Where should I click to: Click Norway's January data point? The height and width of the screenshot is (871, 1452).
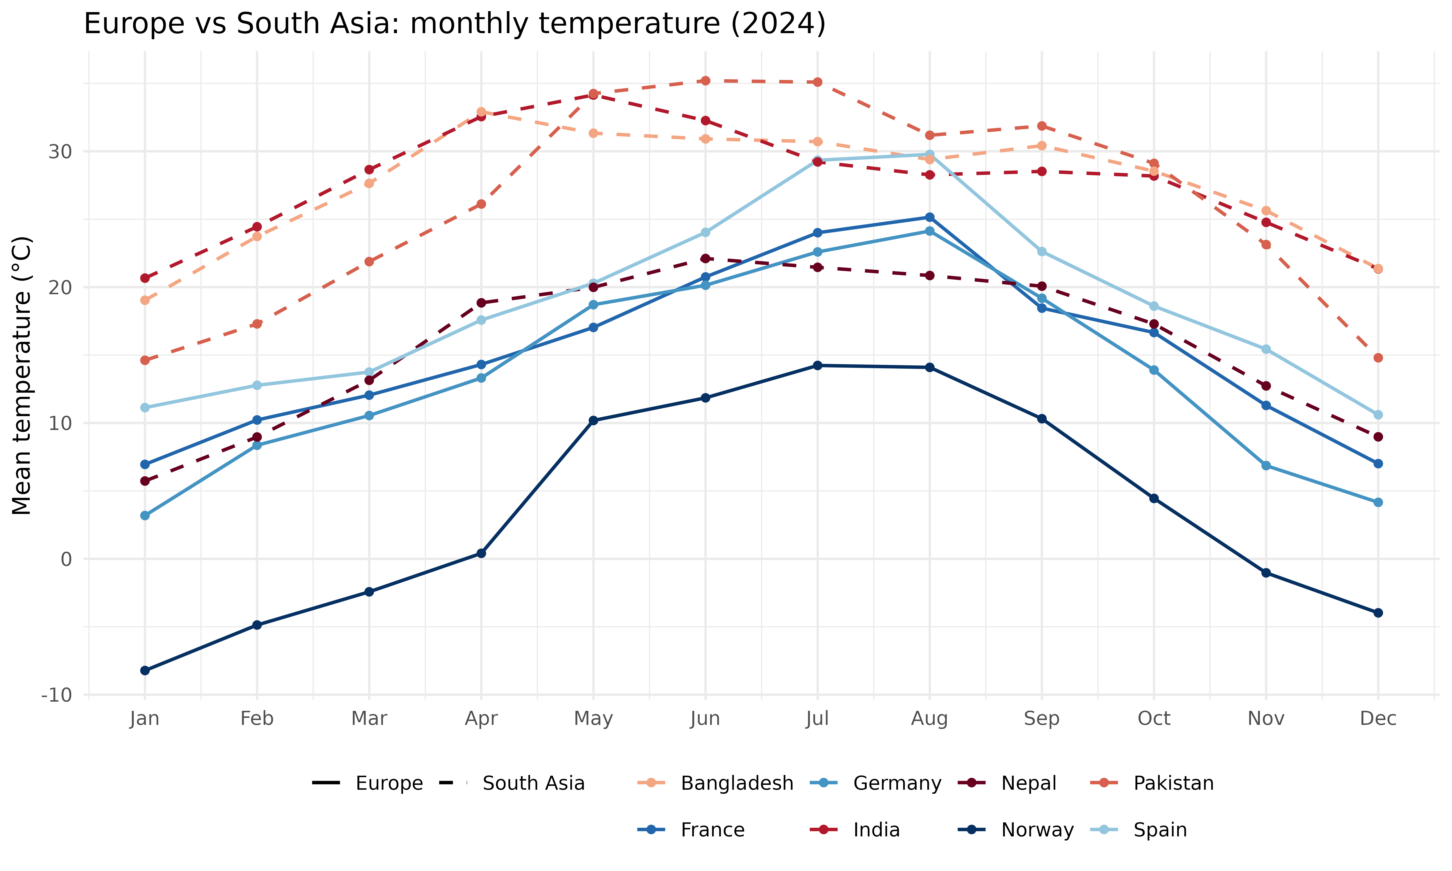[145, 670]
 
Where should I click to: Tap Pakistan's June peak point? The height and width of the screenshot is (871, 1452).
[705, 80]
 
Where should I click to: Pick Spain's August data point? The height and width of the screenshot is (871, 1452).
[930, 154]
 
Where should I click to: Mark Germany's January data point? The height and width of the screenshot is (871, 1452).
[145, 515]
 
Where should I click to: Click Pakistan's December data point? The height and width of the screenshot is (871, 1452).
[1378, 357]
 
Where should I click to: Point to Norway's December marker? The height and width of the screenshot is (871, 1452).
[1378, 613]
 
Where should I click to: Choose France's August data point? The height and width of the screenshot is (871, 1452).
[930, 217]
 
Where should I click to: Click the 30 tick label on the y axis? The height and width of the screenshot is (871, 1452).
[60, 151]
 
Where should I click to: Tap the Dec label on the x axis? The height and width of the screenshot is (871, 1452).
[1378, 718]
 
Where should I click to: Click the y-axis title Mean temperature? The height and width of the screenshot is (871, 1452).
[22, 376]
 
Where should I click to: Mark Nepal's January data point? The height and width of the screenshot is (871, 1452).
[145, 481]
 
